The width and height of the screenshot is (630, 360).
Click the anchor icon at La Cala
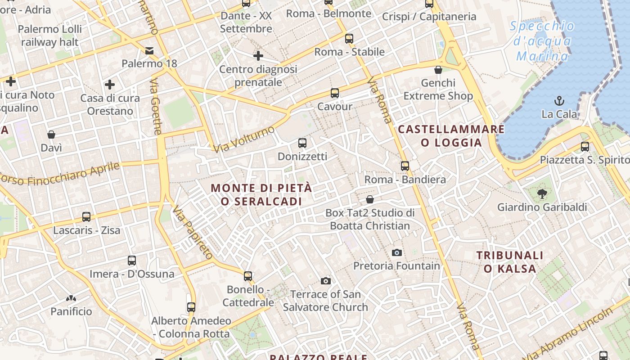point(559,100)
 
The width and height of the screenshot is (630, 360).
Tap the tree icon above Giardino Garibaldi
point(542,194)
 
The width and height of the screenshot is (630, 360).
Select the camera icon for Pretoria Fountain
point(396,252)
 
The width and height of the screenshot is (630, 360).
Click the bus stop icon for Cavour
point(334,93)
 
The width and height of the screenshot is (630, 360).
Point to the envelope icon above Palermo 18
point(149,50)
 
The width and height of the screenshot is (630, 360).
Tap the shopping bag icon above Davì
point(51,135)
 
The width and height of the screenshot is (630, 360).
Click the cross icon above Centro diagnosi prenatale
point(258,56)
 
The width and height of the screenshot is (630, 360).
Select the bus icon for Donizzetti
point(302,143)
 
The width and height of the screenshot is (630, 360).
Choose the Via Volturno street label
point(244,139)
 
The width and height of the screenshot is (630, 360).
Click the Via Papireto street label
point(193,232)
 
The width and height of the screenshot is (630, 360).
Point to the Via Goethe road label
point(156,106)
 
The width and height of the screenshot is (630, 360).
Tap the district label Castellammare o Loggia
point(451,136)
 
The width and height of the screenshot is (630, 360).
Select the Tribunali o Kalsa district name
point(510,262)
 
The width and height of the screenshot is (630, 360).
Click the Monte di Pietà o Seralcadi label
point(261,194)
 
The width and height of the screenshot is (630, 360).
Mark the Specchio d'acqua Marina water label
point(542,41)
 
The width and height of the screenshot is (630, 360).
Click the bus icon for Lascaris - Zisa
point(86,217)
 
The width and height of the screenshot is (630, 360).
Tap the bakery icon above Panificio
point(71,298)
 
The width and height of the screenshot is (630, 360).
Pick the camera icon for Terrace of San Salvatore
point(325,281)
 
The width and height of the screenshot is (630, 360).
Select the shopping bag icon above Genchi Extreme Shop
point(438,70)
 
